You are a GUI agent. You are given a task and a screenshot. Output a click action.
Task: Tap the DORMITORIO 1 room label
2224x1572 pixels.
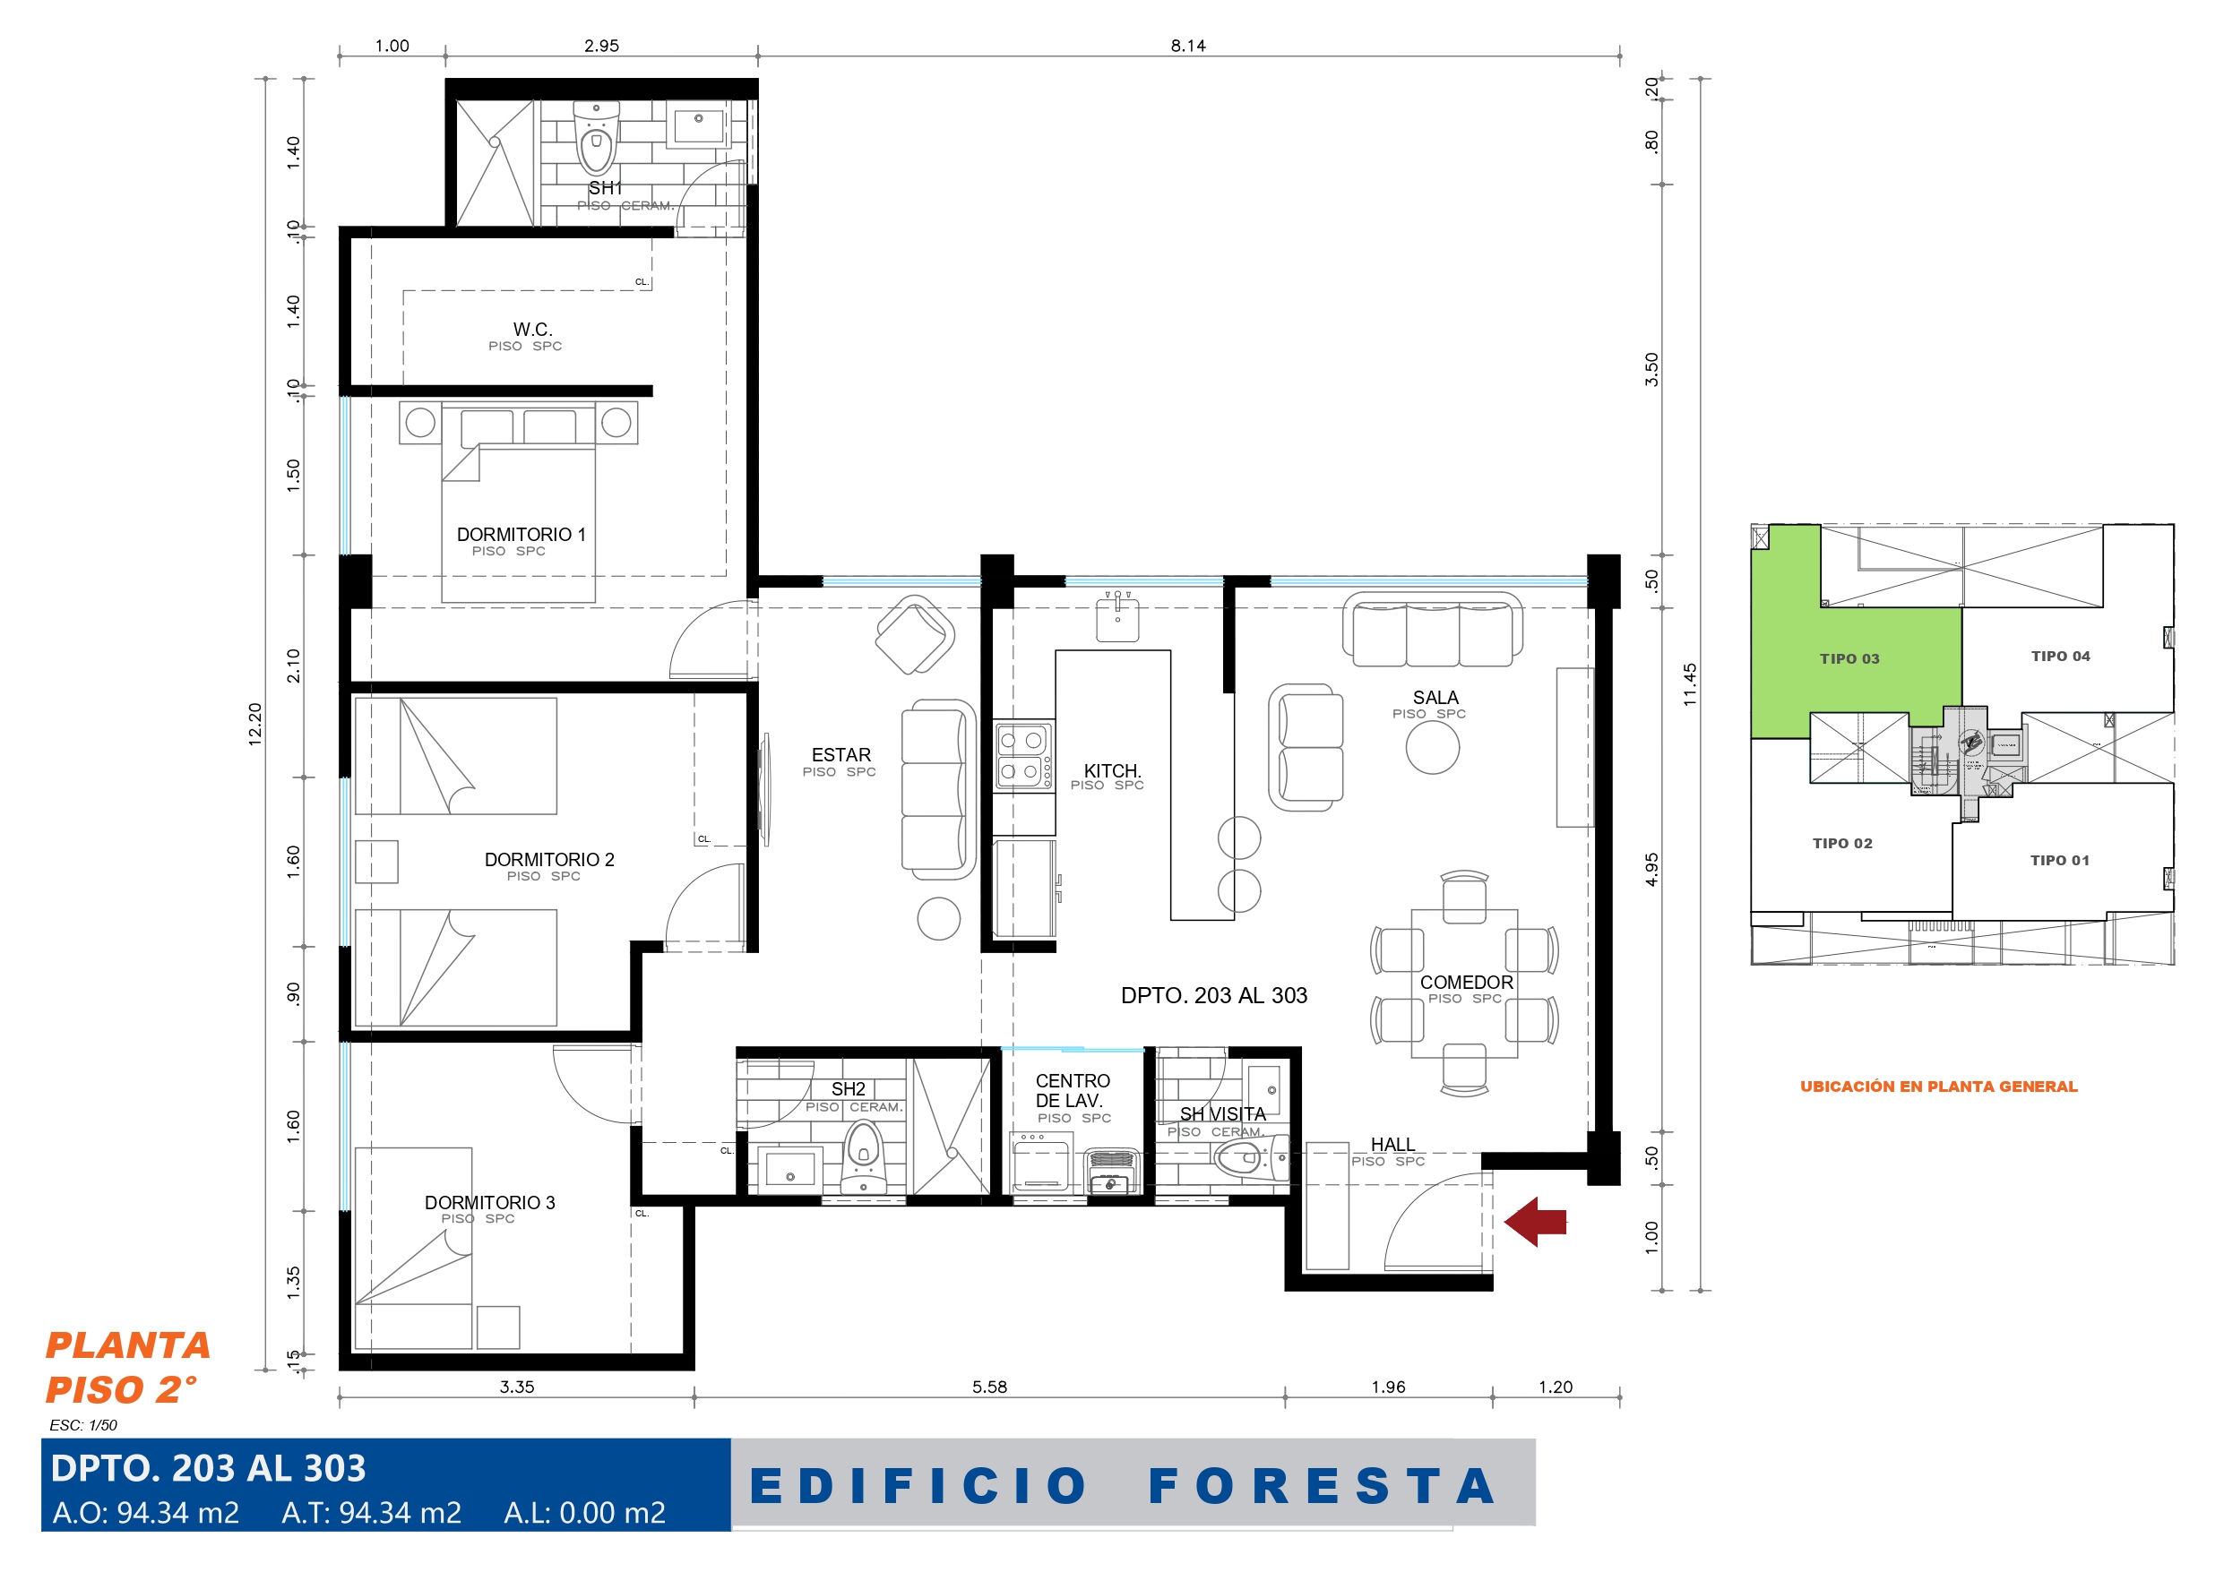(522, 535)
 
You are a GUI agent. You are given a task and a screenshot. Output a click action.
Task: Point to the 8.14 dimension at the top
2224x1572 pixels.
(1187, 46)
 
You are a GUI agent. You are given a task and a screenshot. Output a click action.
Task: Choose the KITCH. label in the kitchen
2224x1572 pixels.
(1112, 771)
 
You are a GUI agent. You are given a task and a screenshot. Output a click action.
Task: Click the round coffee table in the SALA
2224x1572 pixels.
(1433, 748)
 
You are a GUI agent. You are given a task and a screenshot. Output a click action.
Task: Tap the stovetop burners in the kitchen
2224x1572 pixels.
(1024, 755)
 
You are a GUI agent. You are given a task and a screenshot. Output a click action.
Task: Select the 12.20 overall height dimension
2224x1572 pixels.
(254, 724)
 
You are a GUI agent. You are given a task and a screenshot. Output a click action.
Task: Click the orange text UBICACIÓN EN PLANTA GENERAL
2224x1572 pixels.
(1938, 1087)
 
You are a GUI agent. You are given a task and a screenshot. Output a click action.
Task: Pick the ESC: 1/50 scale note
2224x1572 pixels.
(83, 1425)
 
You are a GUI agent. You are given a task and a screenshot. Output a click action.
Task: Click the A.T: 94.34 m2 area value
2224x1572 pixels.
(371, 1513)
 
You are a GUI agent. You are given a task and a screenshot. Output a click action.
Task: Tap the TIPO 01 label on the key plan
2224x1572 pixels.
(2059, 860)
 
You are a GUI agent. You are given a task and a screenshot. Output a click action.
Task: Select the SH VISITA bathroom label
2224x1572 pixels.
(1222, 1114)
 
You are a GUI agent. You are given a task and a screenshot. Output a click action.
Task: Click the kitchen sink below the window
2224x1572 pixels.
(1117, 618)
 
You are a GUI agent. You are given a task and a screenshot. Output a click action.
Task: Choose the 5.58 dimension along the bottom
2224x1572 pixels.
(990, 1387)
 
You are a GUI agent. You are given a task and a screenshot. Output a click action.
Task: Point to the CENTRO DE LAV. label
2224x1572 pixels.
(1073, 1091)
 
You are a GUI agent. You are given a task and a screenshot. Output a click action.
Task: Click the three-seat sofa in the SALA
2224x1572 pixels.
(1433, 631)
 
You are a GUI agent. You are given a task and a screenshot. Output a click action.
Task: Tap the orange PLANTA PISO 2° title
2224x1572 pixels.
(128, 1367)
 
